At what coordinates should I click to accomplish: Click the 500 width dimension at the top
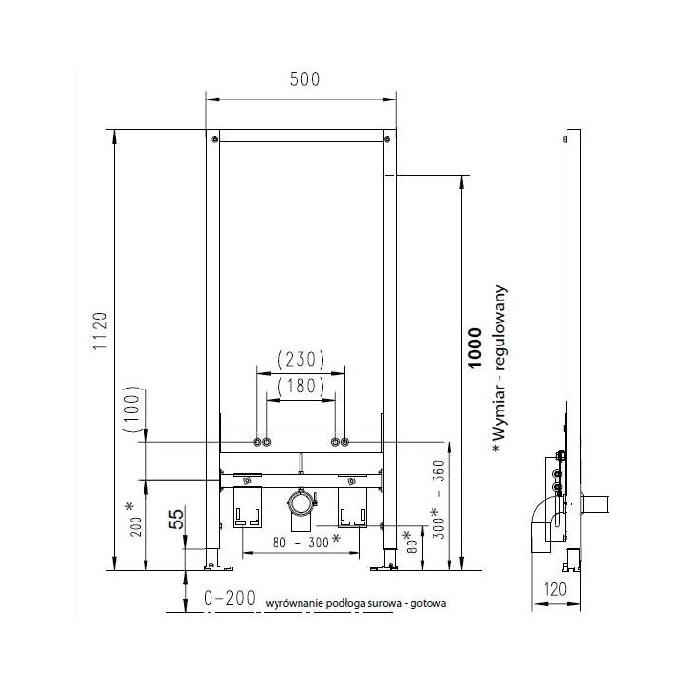click(304, 79)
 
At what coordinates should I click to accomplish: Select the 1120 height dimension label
click(100, 331)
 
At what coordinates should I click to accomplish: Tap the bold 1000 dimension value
click(475, 348)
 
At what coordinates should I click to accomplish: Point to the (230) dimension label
click(301, 360)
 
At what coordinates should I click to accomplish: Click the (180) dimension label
click(301, 386)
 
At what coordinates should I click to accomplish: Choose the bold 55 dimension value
click(177, 519)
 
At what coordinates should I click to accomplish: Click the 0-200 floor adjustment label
click(230, 598)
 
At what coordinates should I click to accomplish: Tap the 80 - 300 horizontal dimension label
click(306, 542)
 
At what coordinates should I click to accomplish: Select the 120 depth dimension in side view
click(554, 589)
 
